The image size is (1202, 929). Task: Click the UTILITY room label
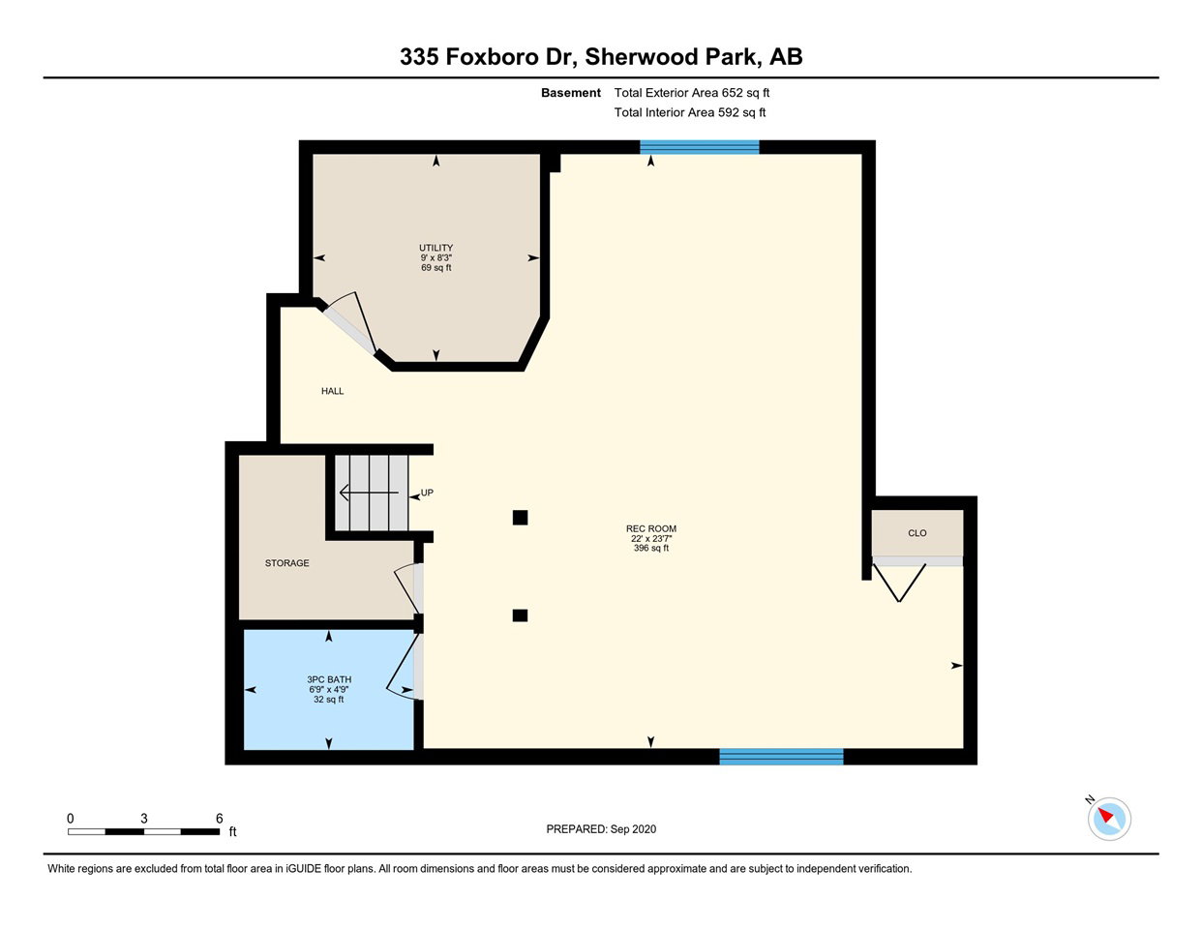436,248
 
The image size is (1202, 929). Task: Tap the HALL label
333,391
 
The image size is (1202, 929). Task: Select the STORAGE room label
286,563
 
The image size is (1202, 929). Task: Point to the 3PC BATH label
329,679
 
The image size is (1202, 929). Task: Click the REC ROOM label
651,528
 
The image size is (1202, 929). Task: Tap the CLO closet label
917,533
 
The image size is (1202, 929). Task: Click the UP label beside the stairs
427,493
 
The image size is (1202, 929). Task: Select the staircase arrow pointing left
369,493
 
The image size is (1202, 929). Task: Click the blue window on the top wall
699,147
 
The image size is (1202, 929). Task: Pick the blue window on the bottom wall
781,757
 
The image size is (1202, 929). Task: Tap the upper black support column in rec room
520,518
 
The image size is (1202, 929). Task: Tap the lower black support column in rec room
520,615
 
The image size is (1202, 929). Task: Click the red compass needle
1105,815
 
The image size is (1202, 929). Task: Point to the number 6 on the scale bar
219,819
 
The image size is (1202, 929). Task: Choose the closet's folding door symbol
899,583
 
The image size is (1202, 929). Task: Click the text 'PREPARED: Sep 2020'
601,829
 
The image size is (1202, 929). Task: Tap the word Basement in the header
571,93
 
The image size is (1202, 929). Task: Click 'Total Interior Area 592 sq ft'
690,113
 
